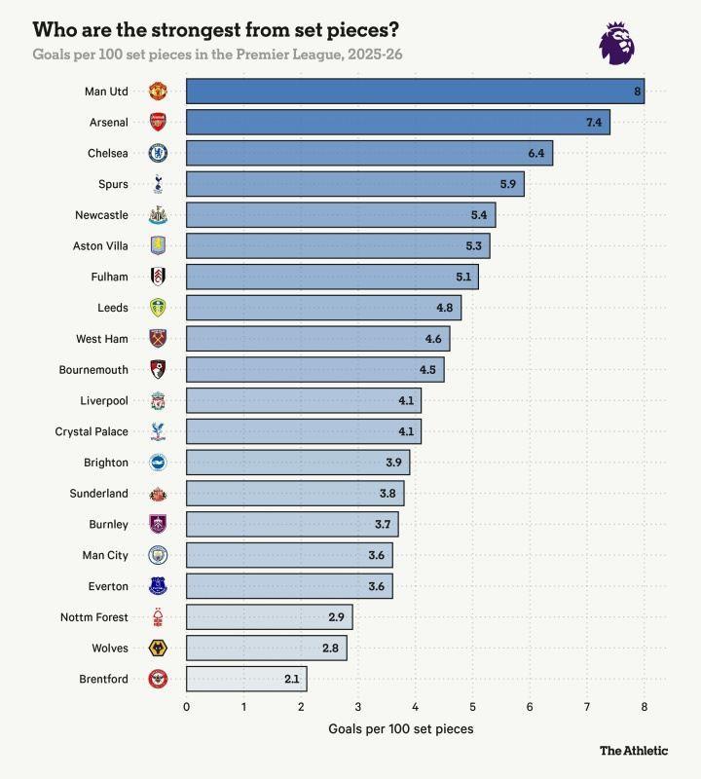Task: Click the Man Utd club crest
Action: [x=158, y=92]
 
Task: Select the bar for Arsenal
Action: [x=397, y=123]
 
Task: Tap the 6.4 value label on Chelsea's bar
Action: [x=536, y=154]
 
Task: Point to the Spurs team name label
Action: [x=113, y=184]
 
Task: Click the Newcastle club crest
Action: [x=158, y=215]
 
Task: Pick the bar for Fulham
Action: [x=331, y=278]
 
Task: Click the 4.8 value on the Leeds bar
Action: [x=445, y=308]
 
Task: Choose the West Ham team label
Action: [x=102, y=339]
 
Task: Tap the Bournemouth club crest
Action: [x=158, y=370]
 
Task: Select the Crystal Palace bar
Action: [x=303, y=431]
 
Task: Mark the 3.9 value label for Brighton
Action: [x=393, y=463]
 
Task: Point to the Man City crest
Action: [x=158, y=555]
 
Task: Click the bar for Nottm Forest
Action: [x=269, y=617]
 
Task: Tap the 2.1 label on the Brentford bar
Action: [x=291, y=679]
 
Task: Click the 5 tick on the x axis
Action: [x=472, y=707]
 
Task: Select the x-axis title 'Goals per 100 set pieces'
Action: [x=400, y=728]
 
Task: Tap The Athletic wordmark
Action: [x=634, y=751]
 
